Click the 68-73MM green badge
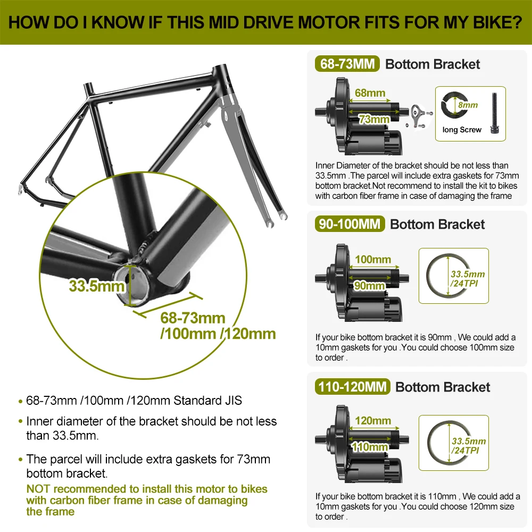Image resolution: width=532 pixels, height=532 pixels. click(x=347, y=64)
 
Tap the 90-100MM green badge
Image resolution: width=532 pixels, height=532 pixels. click(x=350, y=224)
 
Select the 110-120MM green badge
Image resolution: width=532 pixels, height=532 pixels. click(x=353, y=387)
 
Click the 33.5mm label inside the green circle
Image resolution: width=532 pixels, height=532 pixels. click(x=97, y=286)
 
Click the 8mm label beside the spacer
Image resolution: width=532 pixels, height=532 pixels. click(x=468, y=105)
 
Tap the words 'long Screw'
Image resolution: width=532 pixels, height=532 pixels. click(x=462, y=130)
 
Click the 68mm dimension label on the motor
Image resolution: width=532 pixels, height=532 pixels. click(x=370, y=93)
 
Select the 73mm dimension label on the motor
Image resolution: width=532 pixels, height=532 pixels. click(x=374, y=119)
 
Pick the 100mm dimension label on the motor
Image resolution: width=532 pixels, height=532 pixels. click(x=373, y=260)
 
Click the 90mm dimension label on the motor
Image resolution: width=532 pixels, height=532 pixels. click(x=370, y=286)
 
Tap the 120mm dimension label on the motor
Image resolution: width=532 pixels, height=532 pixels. click(x=373, y=421)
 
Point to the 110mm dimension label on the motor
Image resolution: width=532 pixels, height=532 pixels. click(x=370, y=447)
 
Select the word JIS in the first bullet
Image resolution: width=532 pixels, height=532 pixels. click(x=234, y=401)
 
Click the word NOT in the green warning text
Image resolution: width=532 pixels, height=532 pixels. click(x=38, y=489)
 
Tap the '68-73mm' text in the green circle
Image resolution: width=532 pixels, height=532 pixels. click(x=193, y=318)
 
